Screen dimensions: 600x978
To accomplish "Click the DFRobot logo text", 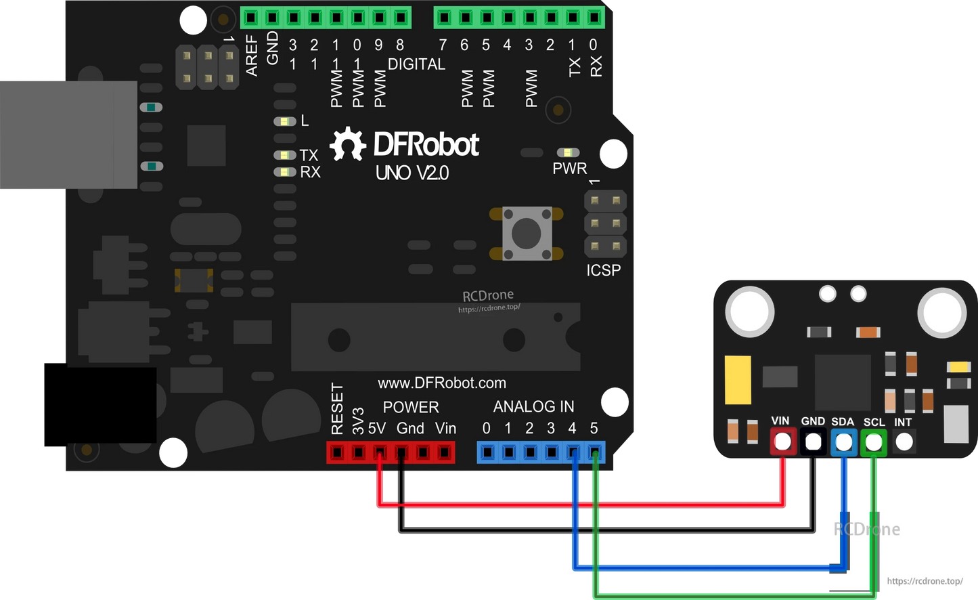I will coord(426,144).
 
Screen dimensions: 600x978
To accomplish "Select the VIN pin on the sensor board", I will coord(782,442).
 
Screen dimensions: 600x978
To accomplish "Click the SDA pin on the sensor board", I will coord(843,442).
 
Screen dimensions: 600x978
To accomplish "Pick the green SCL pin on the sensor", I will coord(874,442).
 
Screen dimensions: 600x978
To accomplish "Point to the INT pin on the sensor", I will coord(904,442).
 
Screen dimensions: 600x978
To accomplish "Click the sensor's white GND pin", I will coord(813,442).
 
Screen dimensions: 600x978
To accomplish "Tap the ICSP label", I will coord(603,270).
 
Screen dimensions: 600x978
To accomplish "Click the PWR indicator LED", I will coord(567,153).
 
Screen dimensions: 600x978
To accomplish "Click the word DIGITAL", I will coord(416,64).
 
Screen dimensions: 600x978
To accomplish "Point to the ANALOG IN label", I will coord(533,406).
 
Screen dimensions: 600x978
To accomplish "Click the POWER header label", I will coord(411,407).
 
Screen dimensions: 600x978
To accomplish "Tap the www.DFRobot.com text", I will coord(442,383).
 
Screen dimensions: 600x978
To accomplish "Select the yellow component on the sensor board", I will coord(738,380).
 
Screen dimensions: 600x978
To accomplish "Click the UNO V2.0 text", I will coord(412,173).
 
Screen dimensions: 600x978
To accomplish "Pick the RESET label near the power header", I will coord(337,408).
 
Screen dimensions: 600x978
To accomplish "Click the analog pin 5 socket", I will coord(594,452).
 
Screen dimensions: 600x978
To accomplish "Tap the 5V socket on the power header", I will coord(380,452).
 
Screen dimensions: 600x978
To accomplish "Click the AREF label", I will coord(252,56).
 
